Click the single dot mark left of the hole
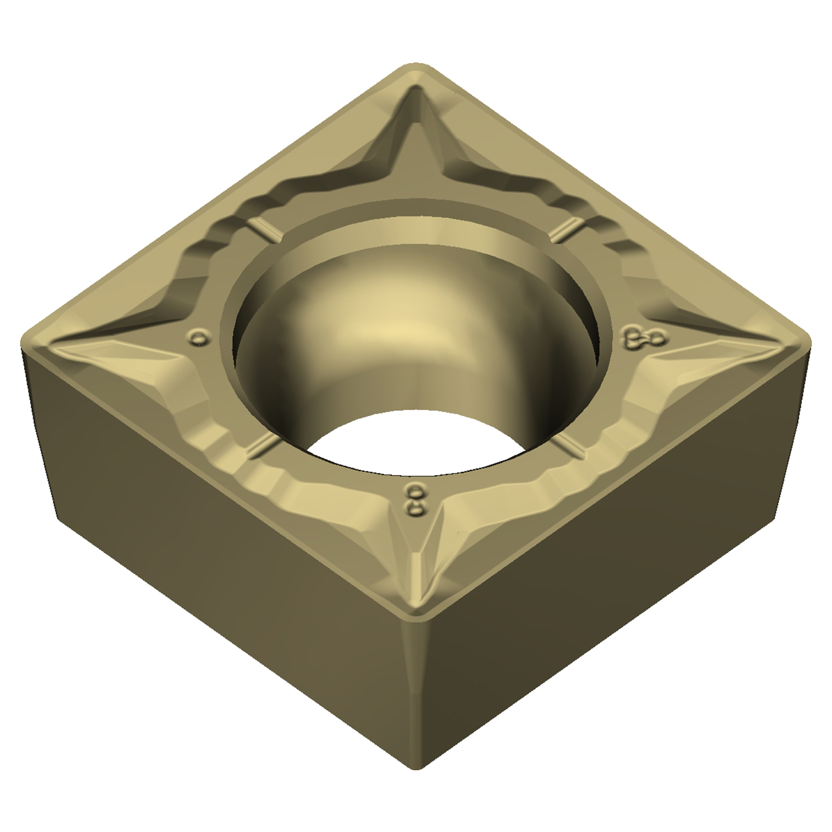point(198,337)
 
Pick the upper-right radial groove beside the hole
point(567,230)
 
